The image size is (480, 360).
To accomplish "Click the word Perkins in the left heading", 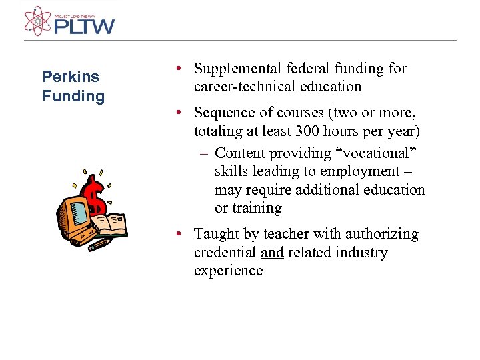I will click(x=70, y=76).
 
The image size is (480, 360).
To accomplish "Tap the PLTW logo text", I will click(x=85, y=26).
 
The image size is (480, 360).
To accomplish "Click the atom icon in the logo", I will click(x=37, y=20).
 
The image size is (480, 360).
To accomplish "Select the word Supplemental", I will click(x=236, y=69).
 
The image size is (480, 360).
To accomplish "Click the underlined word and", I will click(x=272, y=253).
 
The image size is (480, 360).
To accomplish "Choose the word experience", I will click(x=228, y=271).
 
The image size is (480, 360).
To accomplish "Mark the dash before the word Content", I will click(x=205, y=154).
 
